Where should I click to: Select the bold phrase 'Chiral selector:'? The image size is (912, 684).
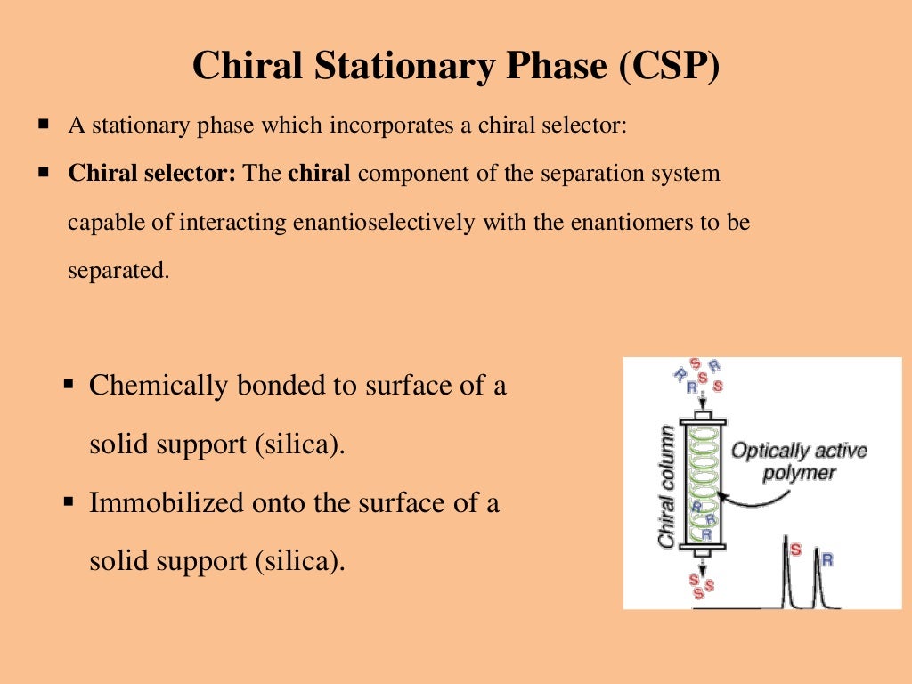151,174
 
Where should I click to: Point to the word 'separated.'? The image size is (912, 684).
118,270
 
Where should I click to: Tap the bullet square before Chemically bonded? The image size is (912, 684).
69,385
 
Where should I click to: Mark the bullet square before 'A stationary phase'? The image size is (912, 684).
42,125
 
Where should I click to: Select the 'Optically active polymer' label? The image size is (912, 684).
799,461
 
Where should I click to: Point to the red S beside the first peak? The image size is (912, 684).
796,550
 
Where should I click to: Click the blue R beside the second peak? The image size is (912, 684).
826,559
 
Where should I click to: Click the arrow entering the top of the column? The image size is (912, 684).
703,403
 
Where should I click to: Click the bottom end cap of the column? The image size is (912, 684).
703,550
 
